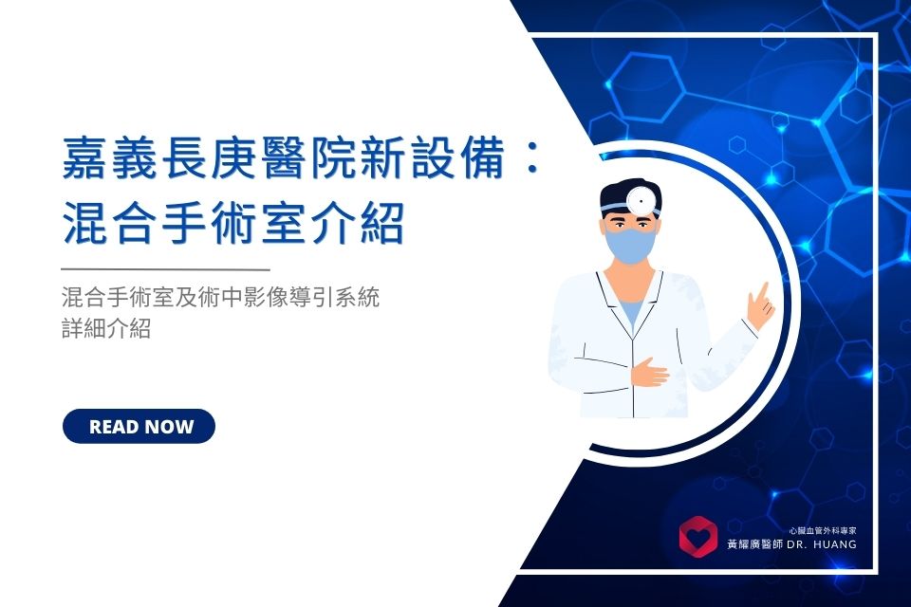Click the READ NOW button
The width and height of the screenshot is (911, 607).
pos(139,427)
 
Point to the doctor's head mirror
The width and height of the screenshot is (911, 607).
pos(641,200)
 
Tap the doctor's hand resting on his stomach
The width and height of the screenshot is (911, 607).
pos(649,372)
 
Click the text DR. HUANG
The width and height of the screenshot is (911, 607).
pos(822,544)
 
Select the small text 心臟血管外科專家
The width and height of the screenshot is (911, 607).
pos(823,530)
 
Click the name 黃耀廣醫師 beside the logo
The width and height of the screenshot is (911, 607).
pos(755,544)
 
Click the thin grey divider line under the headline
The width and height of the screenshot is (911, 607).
pos(165,269)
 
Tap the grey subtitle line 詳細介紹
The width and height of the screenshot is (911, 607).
pos(106,328)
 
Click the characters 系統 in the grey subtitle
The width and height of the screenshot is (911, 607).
pos(358,298)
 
